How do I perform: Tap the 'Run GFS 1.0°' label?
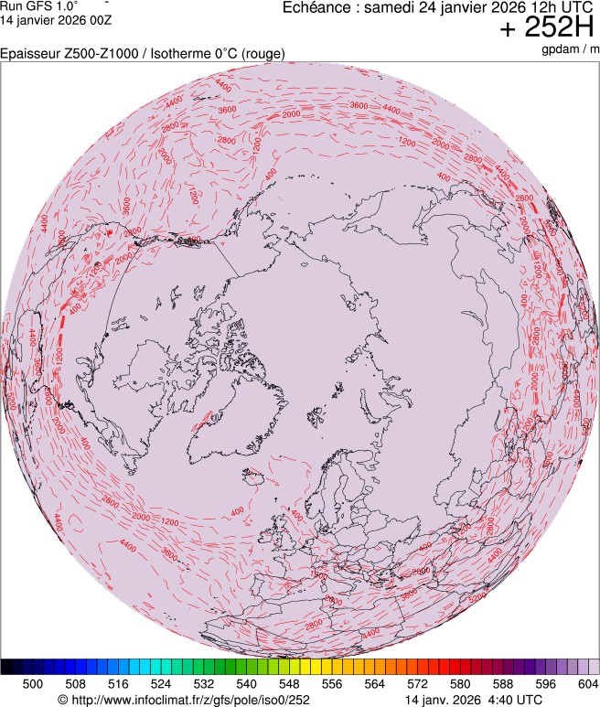39,5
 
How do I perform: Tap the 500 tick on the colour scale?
33,683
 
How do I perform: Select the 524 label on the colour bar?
161,683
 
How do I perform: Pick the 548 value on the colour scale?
289,683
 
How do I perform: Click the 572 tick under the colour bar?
417,683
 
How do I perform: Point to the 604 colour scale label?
587,683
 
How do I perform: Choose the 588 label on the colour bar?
502,683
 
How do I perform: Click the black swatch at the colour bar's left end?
6,667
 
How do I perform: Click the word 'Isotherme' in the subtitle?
182,54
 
